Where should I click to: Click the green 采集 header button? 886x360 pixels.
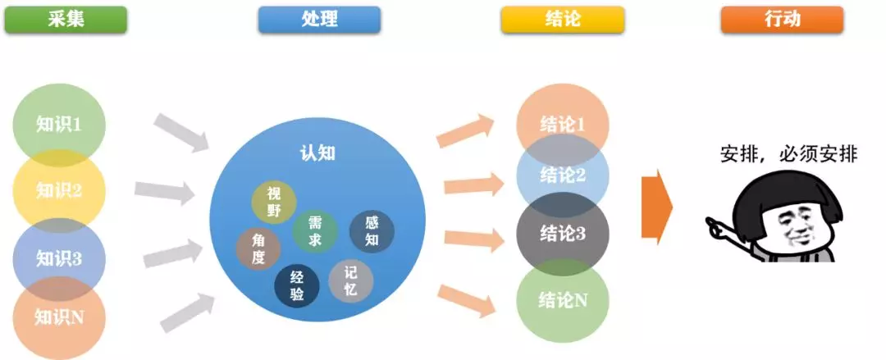[66, 20]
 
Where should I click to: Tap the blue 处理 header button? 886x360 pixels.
[319, 20]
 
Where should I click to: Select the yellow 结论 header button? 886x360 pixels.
[562, 20]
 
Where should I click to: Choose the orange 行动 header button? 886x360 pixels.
[782, 20]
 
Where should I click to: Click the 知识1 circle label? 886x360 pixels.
[59, 124]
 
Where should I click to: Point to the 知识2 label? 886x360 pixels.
[59, 190]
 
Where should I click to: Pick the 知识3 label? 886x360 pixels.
[59, 258]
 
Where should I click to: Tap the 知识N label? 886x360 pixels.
[59, 317]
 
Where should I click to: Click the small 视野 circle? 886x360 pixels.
[274, 203]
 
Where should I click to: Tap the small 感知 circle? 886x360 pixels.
[372, 231]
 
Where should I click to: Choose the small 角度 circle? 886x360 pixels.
[258, 249]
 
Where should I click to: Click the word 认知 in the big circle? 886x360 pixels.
[317, 153]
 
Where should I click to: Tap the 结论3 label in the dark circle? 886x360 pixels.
[563, 234]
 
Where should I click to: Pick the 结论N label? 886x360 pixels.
[563, 300]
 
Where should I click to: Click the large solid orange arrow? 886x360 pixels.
[657, 207]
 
